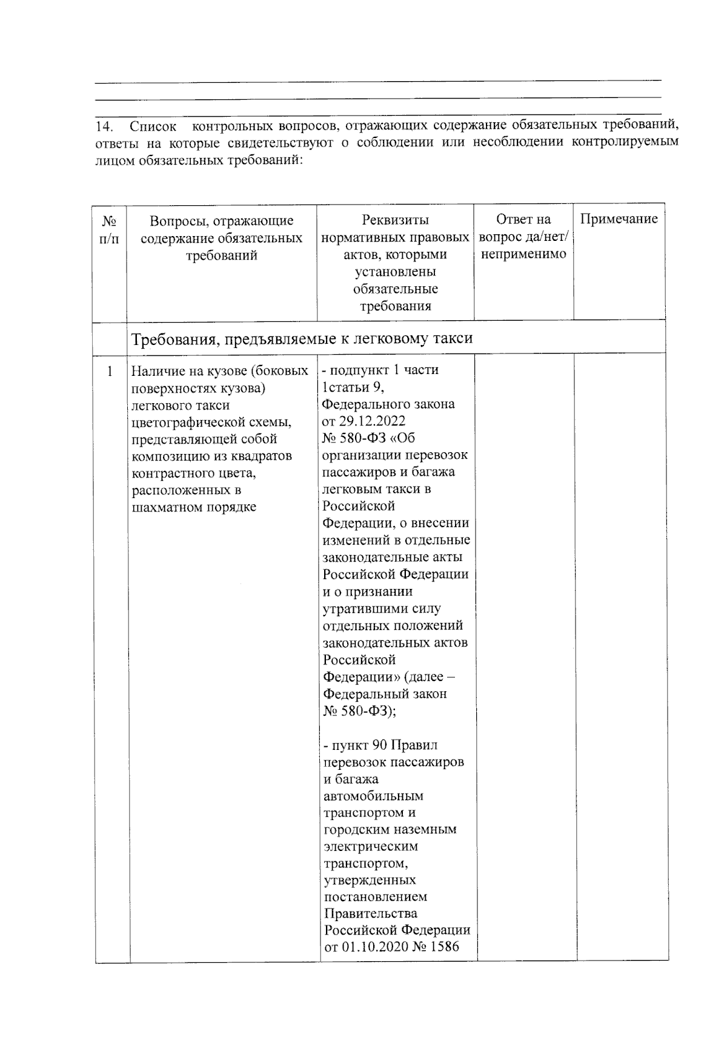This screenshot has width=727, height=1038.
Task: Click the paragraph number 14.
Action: [104, 127]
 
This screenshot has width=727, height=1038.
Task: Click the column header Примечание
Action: [619, 219]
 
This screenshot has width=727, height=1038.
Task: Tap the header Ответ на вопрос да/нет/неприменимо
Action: [523, 237]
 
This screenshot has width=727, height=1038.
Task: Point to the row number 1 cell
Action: [110, 370]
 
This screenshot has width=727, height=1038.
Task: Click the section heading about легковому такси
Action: [302, 338]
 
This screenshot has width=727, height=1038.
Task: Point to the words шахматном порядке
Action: [193, 507]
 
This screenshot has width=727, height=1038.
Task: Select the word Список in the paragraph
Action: [153, 127]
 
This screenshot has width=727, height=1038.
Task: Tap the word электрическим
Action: [371, 846]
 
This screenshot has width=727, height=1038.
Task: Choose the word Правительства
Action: [370, 913]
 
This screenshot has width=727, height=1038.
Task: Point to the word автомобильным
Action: [373, 795]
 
